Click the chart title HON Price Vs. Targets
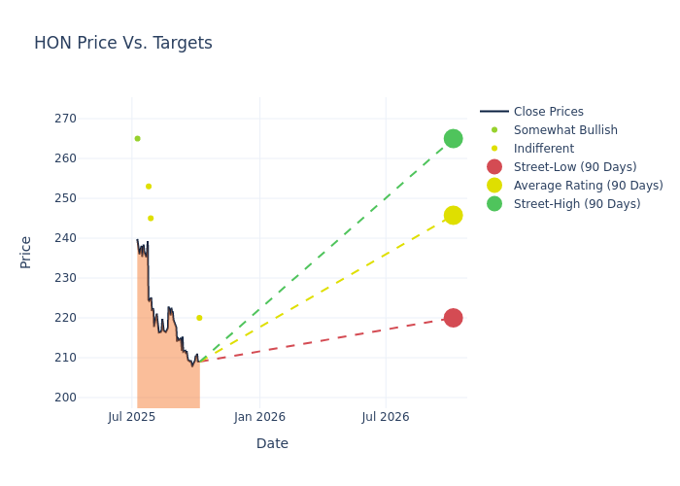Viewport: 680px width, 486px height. [x=123, y=44]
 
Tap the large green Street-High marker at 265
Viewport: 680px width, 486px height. [x=453, y=139]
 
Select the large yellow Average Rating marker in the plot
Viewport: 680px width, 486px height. [x=453, y=215]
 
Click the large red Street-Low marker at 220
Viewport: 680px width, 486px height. [x=453, y=318]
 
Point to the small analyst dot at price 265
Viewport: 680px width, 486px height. [x=137, y=138]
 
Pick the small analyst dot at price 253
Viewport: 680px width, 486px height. [x=149, y=187]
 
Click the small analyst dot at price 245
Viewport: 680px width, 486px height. [x=151, y=218]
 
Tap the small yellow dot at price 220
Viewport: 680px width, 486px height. [x=199, y=318]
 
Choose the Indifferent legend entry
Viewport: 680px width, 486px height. [x=543, y=149]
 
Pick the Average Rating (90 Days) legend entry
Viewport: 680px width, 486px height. [x=588, y=186]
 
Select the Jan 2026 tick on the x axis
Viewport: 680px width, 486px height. [x=259, y=417]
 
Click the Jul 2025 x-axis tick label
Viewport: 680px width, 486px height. [x=132, y=417]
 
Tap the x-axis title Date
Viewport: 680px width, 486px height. [x=272, y=443]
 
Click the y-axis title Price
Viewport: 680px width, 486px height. [x=26, y=252]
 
